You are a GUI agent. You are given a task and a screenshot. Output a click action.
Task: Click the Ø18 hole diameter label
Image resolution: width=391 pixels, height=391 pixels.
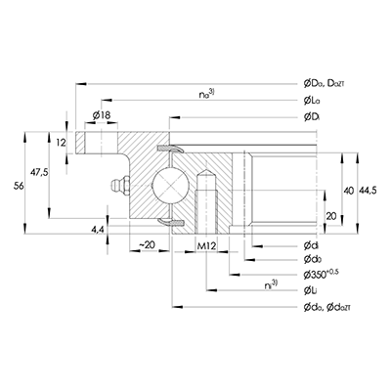101,116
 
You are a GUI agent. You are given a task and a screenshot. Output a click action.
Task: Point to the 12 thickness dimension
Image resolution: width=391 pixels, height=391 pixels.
61,143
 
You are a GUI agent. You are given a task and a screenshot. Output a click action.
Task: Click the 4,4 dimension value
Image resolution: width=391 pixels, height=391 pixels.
96,229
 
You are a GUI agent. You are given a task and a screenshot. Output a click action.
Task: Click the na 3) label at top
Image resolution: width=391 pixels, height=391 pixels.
203,93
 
